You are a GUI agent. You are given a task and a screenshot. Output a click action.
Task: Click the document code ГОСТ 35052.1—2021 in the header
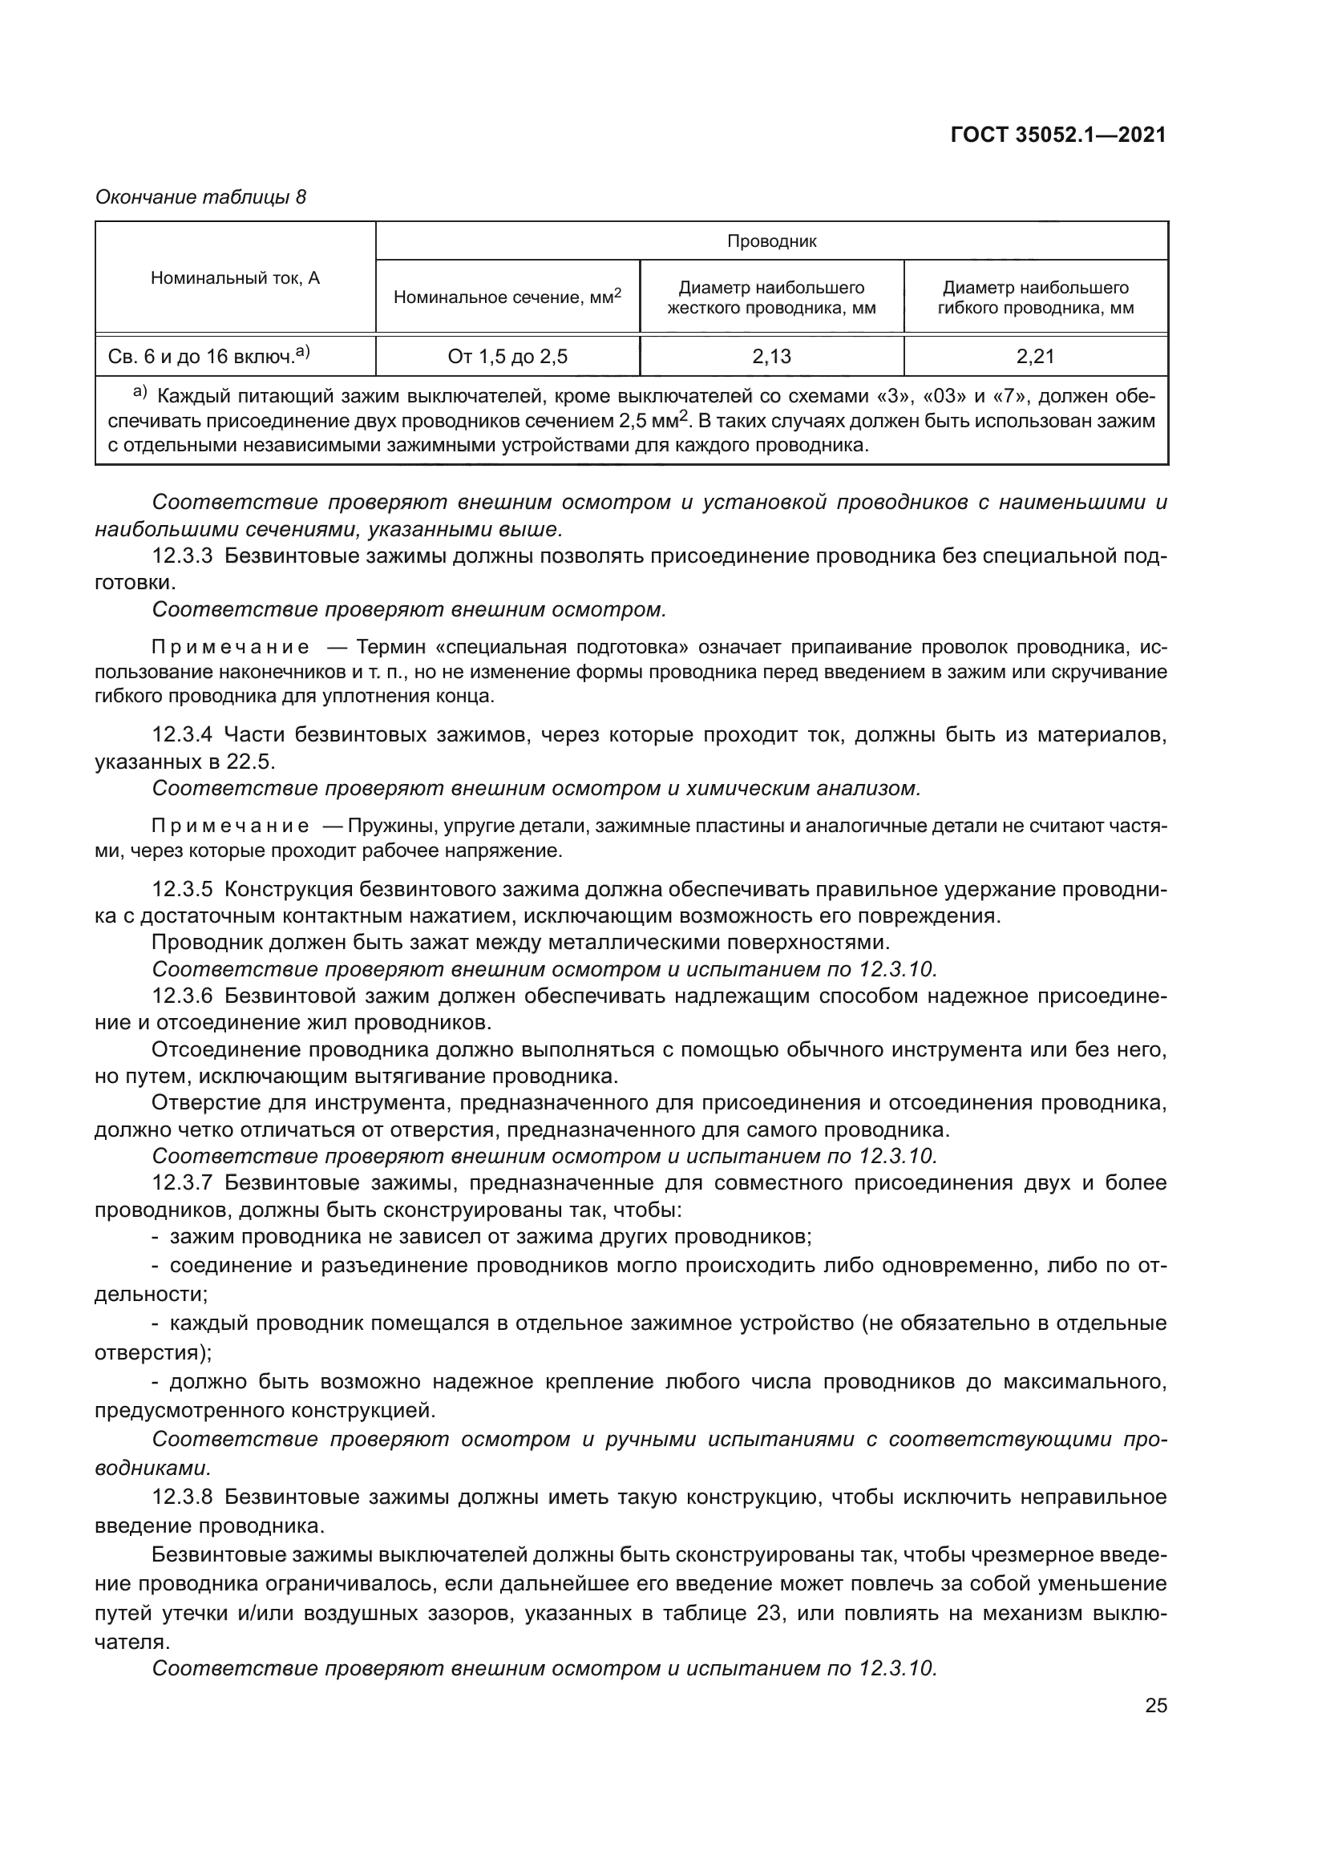tap(1058, 135)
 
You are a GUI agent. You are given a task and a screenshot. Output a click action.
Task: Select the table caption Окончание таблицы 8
tap(201, 197)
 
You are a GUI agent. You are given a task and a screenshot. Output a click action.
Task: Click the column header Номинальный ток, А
tap(235, 278)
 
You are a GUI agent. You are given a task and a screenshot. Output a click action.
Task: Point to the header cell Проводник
tap(771, 241)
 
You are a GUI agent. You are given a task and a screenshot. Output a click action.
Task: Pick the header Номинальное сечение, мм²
tap(507, 297)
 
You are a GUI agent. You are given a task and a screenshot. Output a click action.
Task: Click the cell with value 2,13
tap(771, 356)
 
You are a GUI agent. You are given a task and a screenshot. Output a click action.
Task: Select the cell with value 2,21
tap(1035, 356)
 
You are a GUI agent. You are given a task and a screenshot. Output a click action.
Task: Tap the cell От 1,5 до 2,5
tap(507, 356)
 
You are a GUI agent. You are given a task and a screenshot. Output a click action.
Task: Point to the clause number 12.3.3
tap(182, 557)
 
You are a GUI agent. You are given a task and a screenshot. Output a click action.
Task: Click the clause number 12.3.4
tap(182, 735)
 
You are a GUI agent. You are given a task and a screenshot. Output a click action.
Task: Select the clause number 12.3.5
tap(182, 889)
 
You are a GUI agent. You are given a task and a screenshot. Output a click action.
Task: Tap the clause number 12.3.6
tap(182, 996)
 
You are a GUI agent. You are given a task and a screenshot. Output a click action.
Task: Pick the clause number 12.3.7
tap(182, 1183)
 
